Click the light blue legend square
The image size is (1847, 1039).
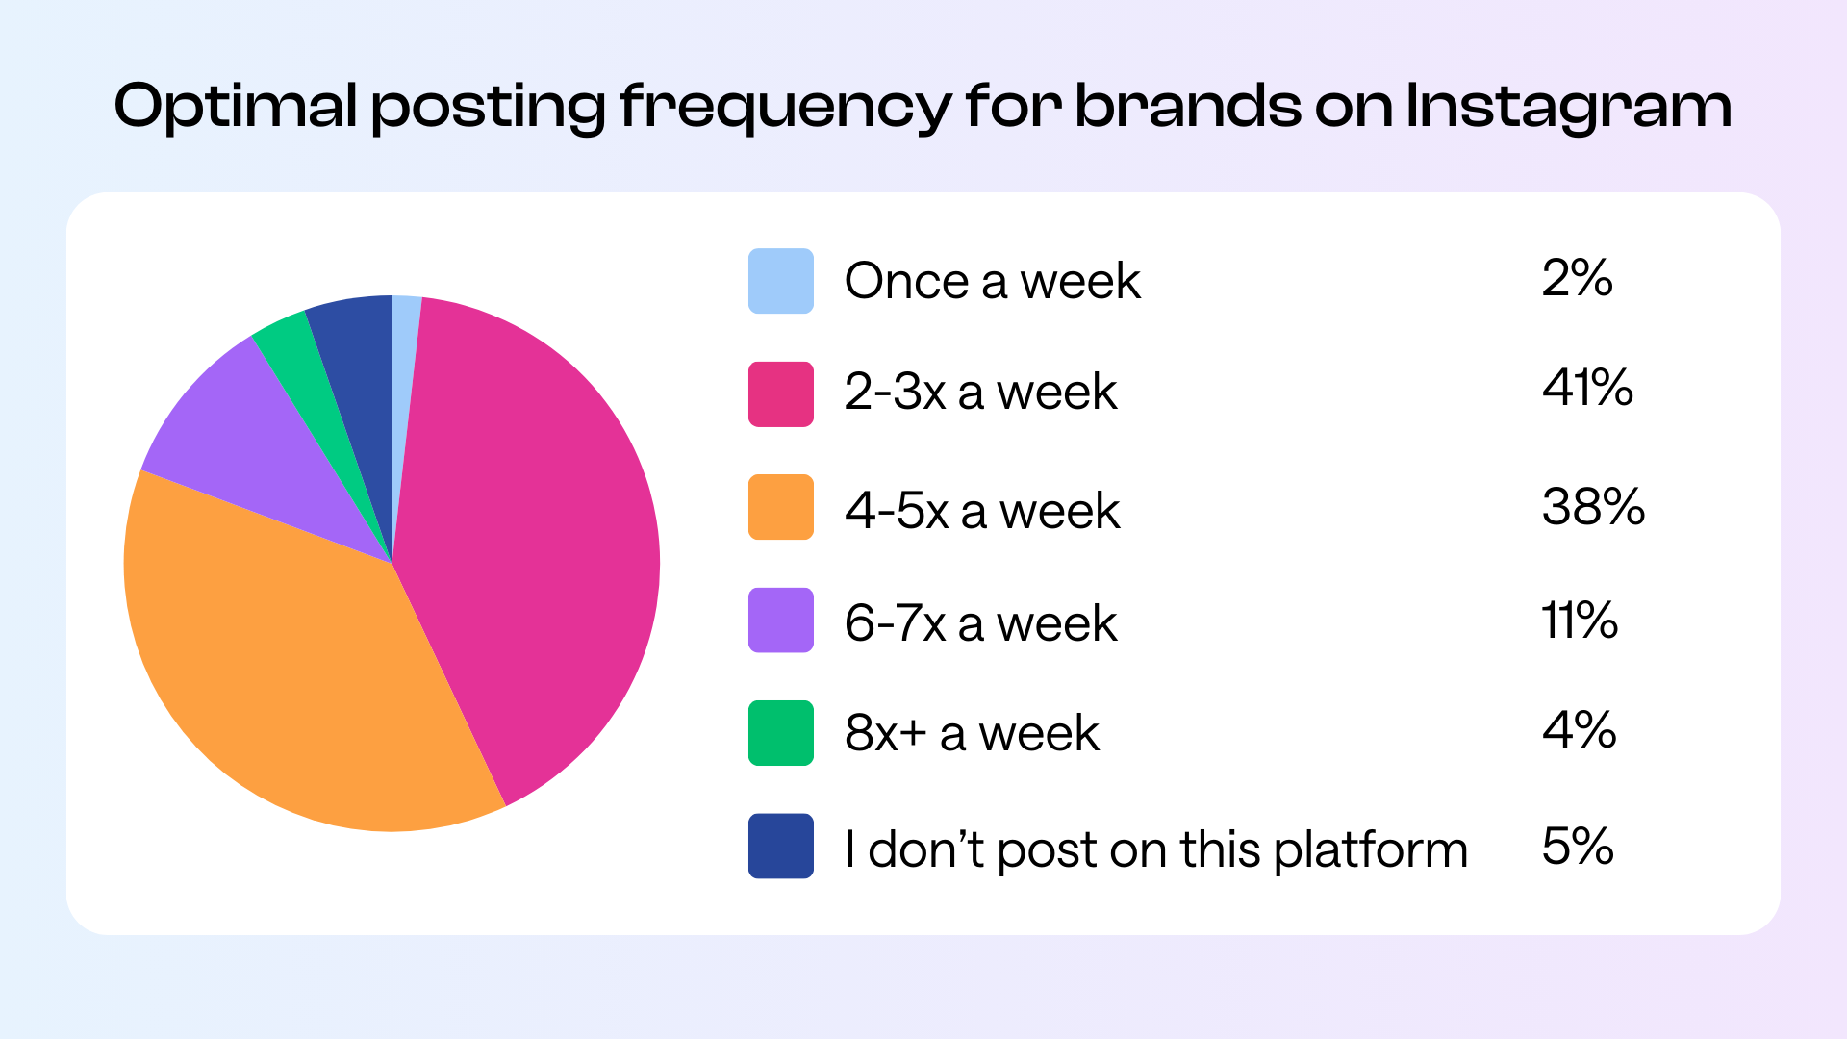[780, 281]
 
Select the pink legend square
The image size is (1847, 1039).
[780, 393]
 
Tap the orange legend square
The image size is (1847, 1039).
[780, 507]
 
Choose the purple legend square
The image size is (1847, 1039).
[780, 621]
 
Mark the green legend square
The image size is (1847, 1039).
[780, 733]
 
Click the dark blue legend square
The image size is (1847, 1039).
[780, 847]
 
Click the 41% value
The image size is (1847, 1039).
[1587, 388]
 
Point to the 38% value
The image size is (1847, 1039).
[1593, 506]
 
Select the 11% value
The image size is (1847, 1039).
[1580, 620]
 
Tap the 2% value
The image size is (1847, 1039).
[1577, 278]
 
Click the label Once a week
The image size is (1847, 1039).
[992, 281]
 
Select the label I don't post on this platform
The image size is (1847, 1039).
[1155, 849]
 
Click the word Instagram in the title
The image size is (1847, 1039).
[1568, 106]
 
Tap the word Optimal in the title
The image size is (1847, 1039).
[236, 106]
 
